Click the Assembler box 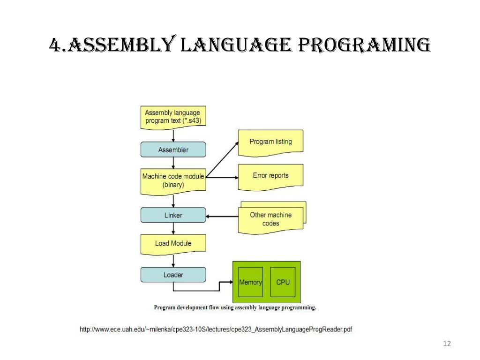pos(173,150)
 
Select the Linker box pos(173,215)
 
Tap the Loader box pos(173,275)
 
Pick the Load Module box pos(173,243)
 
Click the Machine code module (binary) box pos(173,180)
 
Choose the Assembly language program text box pos(173,117)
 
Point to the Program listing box pos(270,142)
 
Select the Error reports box pos(270,176)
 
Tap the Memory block pos(250,282)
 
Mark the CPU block pos(283,282)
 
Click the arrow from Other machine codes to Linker pos(222,216)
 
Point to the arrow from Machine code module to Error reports pos(222,178)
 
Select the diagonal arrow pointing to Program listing pos(222,160)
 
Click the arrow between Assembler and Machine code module pos(173,163)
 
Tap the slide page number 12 pos(446,345)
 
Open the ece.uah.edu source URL pos(216,330)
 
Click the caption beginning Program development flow pos(235,308)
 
